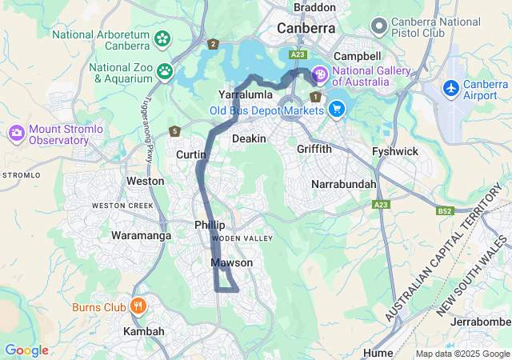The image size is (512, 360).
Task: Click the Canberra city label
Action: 306,28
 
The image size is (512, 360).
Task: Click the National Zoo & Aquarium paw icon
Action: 165,72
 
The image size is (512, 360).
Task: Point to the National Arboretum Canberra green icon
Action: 162,38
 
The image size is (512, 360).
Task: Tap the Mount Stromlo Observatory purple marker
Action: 17,133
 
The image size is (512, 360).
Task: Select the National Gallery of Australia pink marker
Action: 319,75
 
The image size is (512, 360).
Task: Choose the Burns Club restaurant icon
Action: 138,306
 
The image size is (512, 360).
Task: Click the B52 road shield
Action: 446,211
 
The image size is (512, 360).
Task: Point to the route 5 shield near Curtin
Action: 174,131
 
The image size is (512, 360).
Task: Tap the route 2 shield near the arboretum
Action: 212,45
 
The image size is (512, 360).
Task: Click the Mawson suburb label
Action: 232,262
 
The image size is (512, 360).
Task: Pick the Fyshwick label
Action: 394,151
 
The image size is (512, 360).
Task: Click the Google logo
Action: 26,350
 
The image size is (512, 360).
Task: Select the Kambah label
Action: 144,331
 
